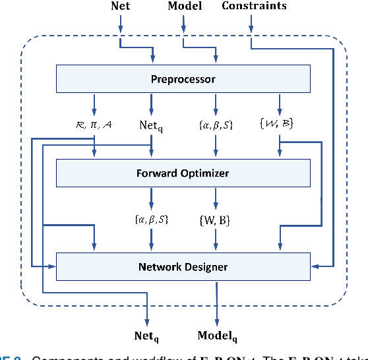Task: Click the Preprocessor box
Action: click(183, 79)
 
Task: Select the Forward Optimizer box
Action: click(183, 173)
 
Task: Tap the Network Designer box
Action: click(183, 266)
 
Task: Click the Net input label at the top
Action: click(120, 6)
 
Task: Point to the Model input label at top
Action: click(185, 6)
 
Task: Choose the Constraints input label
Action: click(254, 6)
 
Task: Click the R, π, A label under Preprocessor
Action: click(94, 123)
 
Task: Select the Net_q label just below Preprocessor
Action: click(152, 124)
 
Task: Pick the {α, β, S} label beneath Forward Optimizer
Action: click(152, 219)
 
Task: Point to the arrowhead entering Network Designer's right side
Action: click(315, 266)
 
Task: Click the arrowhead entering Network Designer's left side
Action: click(52, 266)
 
